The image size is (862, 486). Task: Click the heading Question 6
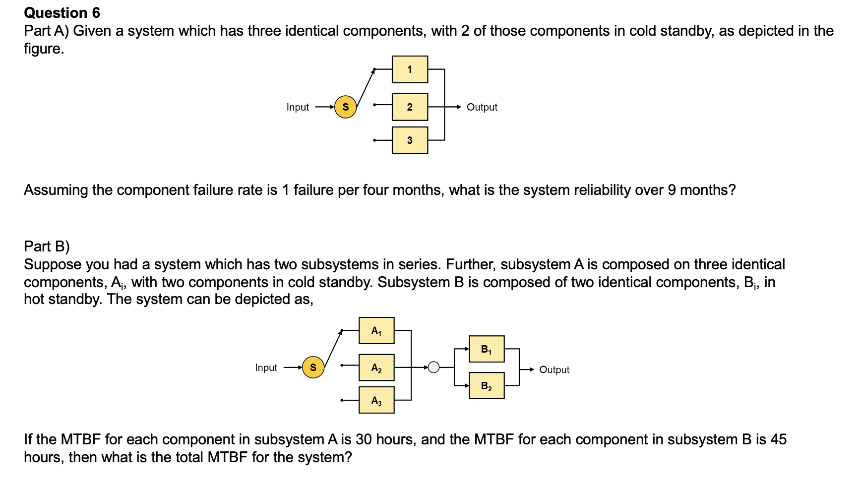[62, 12]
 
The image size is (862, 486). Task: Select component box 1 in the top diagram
[410, 69]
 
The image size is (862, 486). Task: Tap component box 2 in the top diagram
[410, 107]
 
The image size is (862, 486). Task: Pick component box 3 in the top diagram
[410, 140]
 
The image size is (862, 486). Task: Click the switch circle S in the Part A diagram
[346, 107]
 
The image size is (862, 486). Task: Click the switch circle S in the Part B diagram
[313, 367]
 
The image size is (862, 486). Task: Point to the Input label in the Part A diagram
[298, 107]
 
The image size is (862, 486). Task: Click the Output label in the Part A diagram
[482, 107]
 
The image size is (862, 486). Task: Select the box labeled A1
[376, 331]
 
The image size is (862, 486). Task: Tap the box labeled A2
[376, 367]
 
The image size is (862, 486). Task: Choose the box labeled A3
[376, 400]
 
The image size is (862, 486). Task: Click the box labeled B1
[487, 349]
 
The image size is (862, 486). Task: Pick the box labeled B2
[487, 386]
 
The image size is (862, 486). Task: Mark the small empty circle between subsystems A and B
[433, 367]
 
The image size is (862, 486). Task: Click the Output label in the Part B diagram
[554, 370]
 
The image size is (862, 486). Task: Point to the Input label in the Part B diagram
[266, 367]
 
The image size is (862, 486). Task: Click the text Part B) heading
[47, 246]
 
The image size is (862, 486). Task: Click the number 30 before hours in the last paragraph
[364, 439]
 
